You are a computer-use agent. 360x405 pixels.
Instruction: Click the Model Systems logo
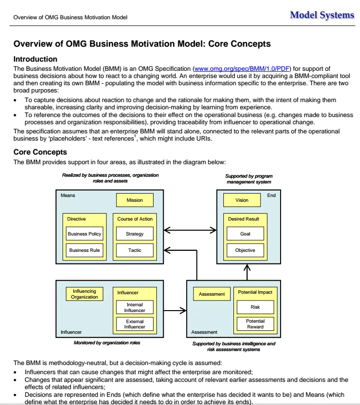322,15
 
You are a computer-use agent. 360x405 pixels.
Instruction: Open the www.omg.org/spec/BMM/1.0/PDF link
242,69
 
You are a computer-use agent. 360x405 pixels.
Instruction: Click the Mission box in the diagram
135,200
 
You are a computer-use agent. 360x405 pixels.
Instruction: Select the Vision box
242,200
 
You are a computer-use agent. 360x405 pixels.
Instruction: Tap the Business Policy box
84,234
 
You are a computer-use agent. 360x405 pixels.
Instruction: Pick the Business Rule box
84,250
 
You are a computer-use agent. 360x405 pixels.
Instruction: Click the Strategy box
135,234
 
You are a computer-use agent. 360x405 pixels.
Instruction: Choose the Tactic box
135,250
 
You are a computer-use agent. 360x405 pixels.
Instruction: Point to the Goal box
245,234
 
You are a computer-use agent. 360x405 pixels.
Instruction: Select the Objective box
245,250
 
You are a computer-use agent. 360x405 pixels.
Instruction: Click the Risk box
255,307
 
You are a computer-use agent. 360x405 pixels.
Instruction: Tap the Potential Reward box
255,324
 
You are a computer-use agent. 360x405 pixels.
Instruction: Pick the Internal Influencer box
135,307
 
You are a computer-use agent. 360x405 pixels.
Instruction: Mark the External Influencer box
135,324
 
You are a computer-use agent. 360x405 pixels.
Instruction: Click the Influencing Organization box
84,294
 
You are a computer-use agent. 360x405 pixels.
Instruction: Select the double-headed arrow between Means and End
190,230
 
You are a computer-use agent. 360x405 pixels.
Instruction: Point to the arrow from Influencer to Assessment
175,311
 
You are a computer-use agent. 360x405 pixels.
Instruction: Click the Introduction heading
35,59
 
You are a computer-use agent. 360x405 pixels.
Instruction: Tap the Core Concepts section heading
40,152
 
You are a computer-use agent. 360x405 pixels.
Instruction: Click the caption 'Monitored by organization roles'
107,343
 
